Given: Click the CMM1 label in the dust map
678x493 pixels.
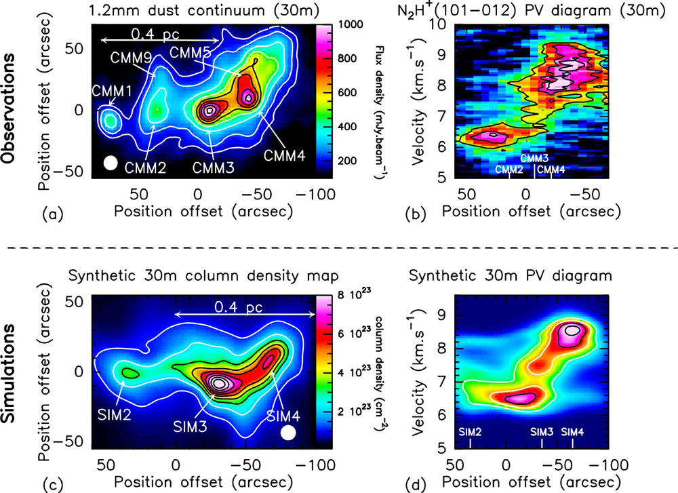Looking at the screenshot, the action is point(112,92).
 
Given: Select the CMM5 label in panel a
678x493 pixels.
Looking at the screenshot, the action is point(191,52).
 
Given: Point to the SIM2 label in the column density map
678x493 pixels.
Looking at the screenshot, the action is point(114,415).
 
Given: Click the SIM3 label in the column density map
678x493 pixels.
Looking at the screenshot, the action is point(191,427).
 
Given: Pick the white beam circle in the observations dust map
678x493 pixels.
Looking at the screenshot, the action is point(111,163).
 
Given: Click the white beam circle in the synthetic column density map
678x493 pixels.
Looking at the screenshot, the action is point(288,433).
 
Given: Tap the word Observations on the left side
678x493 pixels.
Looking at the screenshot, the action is point(8,109).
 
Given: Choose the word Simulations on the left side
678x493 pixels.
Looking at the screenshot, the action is point(8,373).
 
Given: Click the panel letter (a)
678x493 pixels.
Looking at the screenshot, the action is point(53,214).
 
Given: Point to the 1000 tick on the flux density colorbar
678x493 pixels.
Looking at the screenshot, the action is point(351,24).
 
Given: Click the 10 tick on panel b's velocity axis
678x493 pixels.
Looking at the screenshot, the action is point(439,24).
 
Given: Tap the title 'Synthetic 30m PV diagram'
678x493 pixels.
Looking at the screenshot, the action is point(511,275).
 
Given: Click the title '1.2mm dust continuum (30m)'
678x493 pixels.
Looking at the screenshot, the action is point(204,10).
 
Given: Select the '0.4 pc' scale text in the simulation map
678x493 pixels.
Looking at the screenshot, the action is point(239,307).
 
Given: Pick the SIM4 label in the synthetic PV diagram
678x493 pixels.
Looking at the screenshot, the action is point(572,431).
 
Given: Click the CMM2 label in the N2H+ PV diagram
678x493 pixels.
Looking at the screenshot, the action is point(509,170).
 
